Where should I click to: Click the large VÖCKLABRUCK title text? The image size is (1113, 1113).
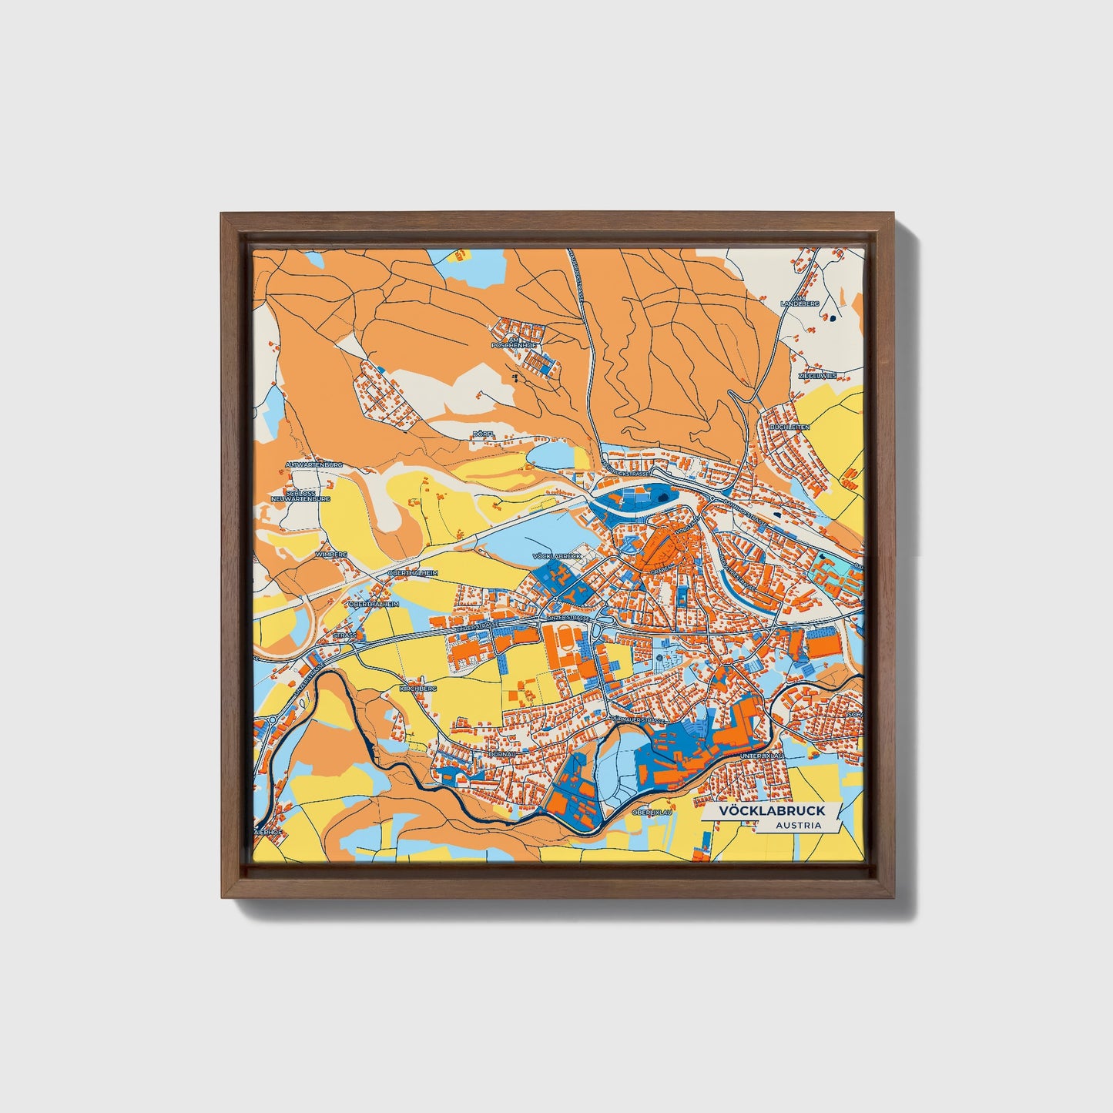[x=771, y=810]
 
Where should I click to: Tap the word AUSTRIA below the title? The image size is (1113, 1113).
[x=798, y=826]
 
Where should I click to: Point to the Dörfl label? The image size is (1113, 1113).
[x=483, y=434]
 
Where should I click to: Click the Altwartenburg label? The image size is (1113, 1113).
[x=313, y=465]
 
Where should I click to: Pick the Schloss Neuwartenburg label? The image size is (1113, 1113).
[x=307, y=496]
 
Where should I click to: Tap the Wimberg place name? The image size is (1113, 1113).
[x=331, y=554]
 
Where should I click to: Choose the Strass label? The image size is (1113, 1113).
[x=345, y=635]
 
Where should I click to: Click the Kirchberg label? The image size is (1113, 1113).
[x=418, y=688]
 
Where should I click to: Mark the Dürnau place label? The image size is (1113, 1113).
[x=501, y=754]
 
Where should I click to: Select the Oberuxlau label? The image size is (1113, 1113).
[x=652, y=812]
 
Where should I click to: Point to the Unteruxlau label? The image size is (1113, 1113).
[x=762, y=756]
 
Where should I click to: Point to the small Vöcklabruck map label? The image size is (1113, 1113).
[x=555, y=555]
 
